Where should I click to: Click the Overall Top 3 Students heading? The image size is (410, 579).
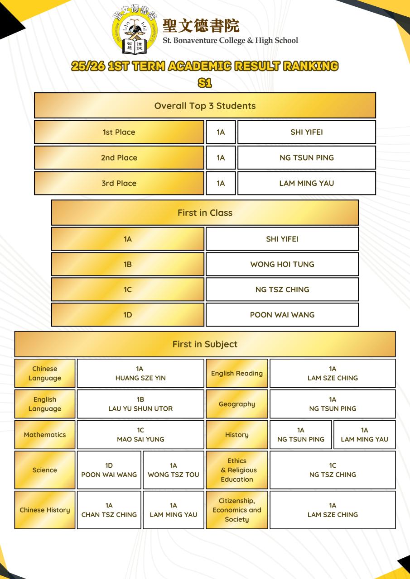(x=205, y=106)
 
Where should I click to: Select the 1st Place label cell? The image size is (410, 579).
(x=119, y=132)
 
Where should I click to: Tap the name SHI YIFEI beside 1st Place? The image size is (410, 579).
(x=307, y=132)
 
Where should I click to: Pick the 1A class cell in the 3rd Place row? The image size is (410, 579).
(x=221, y=183)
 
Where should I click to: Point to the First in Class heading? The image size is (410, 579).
(x=205, y=213)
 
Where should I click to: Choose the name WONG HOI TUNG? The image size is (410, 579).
(x=282, y=264)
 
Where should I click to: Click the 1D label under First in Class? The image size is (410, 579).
(x=128, y=315)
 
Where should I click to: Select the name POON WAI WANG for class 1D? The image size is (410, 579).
(x=282, y=315)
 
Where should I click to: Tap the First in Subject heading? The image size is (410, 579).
(x=205, y=344)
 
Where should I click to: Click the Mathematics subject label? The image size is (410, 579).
(x=45, y=435)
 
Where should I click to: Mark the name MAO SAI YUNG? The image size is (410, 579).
(x=140, y=439)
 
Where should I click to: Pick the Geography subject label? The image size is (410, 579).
(x=237, y=404)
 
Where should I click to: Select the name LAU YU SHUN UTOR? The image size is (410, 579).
(x=140, y=408)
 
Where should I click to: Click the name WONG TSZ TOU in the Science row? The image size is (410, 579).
(x=174, y=475)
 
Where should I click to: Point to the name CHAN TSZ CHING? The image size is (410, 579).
(x=109, y=514)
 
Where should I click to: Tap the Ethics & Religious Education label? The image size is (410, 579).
(x=237, y=470)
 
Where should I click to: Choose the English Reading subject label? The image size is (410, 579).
(x=237, y=373)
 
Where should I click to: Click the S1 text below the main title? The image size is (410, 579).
(x=205, y=83)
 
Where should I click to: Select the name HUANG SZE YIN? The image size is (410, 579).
(x=140, y=378)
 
